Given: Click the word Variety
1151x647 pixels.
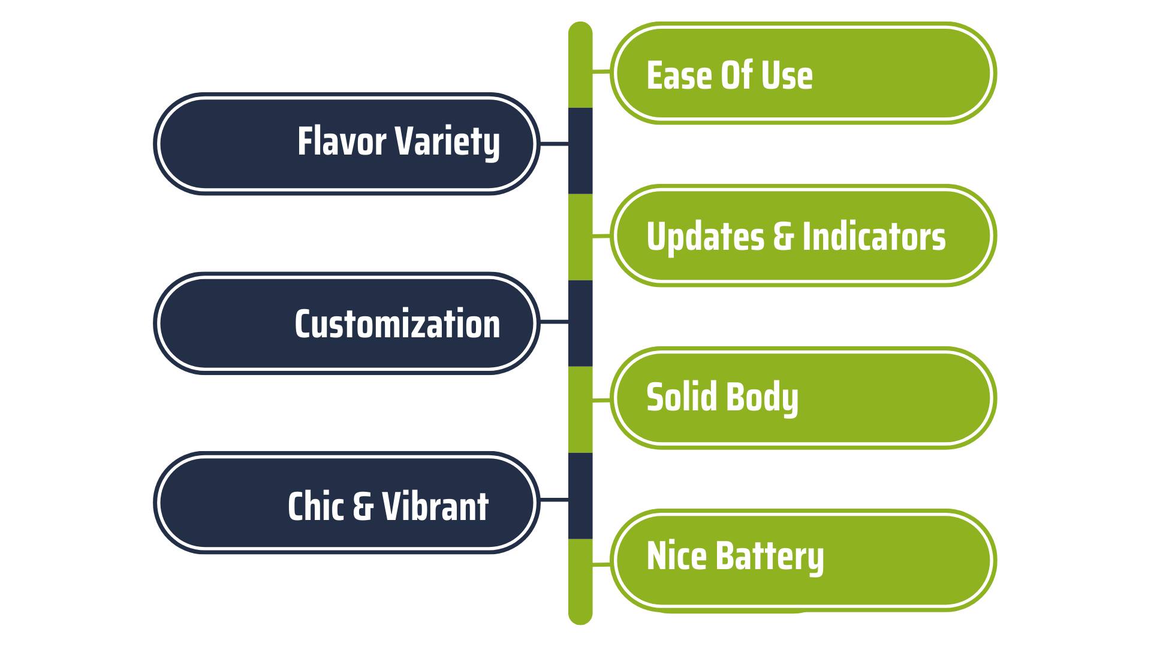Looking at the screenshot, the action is pyautogui.click(x=448, y=143).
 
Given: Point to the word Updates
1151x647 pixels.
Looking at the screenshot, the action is pyautogui.click(x=705, y=236).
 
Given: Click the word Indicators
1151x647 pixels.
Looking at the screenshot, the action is pyautogui.click(x=873, y=236).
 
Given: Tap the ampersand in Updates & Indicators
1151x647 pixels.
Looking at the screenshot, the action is pyautogui.click(x=783, y=236).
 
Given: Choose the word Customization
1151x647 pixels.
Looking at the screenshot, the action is pyautogui.click(x=397, y=324).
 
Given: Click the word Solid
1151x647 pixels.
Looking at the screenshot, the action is pyautogui.click(x=681, y=397).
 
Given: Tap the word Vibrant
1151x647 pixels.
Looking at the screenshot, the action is pyautogui.click(x=435, y=506).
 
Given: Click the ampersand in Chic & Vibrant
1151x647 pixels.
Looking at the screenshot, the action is pyautogui.click(x=363, y=506).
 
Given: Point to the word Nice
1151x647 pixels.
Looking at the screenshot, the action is pyautogui.click(x=677, y=556).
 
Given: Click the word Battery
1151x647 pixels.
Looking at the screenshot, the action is pyautogui.click(x=770, y=558).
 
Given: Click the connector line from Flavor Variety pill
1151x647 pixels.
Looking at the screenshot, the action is pyautogui.click(x=554, y=144).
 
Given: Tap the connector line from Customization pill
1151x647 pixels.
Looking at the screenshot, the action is pyautogui.click(x=554, y=322).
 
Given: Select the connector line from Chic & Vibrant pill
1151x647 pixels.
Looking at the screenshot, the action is pyautogui.click(x=554, y=500).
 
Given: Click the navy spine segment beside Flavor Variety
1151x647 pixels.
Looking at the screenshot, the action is pyautogui.click(x=580, y=151).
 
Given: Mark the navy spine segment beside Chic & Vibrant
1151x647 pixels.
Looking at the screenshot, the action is pyautogui.click(x=580, y=496).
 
